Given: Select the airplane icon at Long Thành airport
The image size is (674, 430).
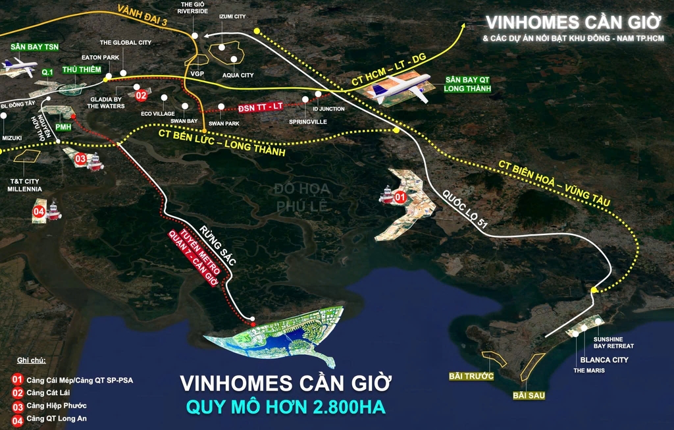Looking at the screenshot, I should [400, 86].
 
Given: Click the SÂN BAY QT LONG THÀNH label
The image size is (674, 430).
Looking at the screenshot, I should [467, 83].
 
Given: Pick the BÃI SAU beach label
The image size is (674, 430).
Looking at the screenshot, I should [531, 395].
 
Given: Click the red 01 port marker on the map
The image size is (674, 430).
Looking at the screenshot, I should [400, 196].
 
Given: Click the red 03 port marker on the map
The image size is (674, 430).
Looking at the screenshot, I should [80, 158].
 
